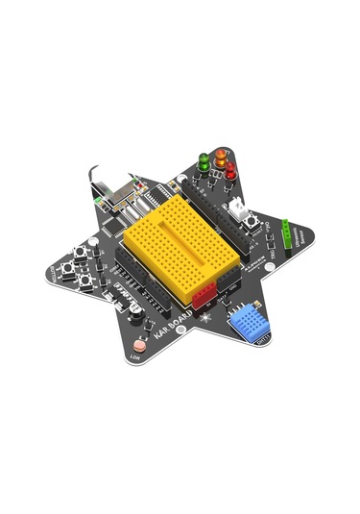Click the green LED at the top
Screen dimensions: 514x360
pos(204,159)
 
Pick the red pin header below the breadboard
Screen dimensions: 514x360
pos(204,299)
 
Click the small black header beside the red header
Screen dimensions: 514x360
pos(228,283)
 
